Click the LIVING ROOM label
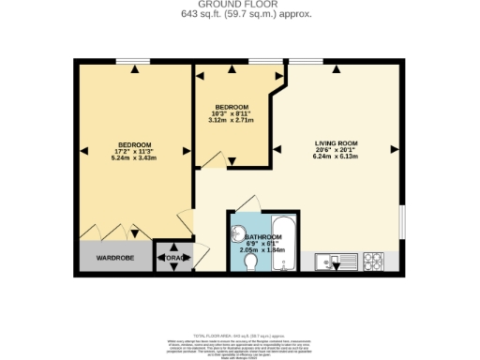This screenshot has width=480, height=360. [x=335, y=143]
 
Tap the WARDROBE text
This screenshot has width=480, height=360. [x=115, y=257]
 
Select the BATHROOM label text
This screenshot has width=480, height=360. [x=263, y=237]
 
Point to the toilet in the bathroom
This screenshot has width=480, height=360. [x=250, y=265]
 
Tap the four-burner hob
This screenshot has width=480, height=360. [x=373, y=260]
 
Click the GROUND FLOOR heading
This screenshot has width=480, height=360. [x=240, y=5]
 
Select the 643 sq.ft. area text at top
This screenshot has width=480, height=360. [x=240, y=14]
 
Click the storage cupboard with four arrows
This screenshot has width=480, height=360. [x=173, y=257]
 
